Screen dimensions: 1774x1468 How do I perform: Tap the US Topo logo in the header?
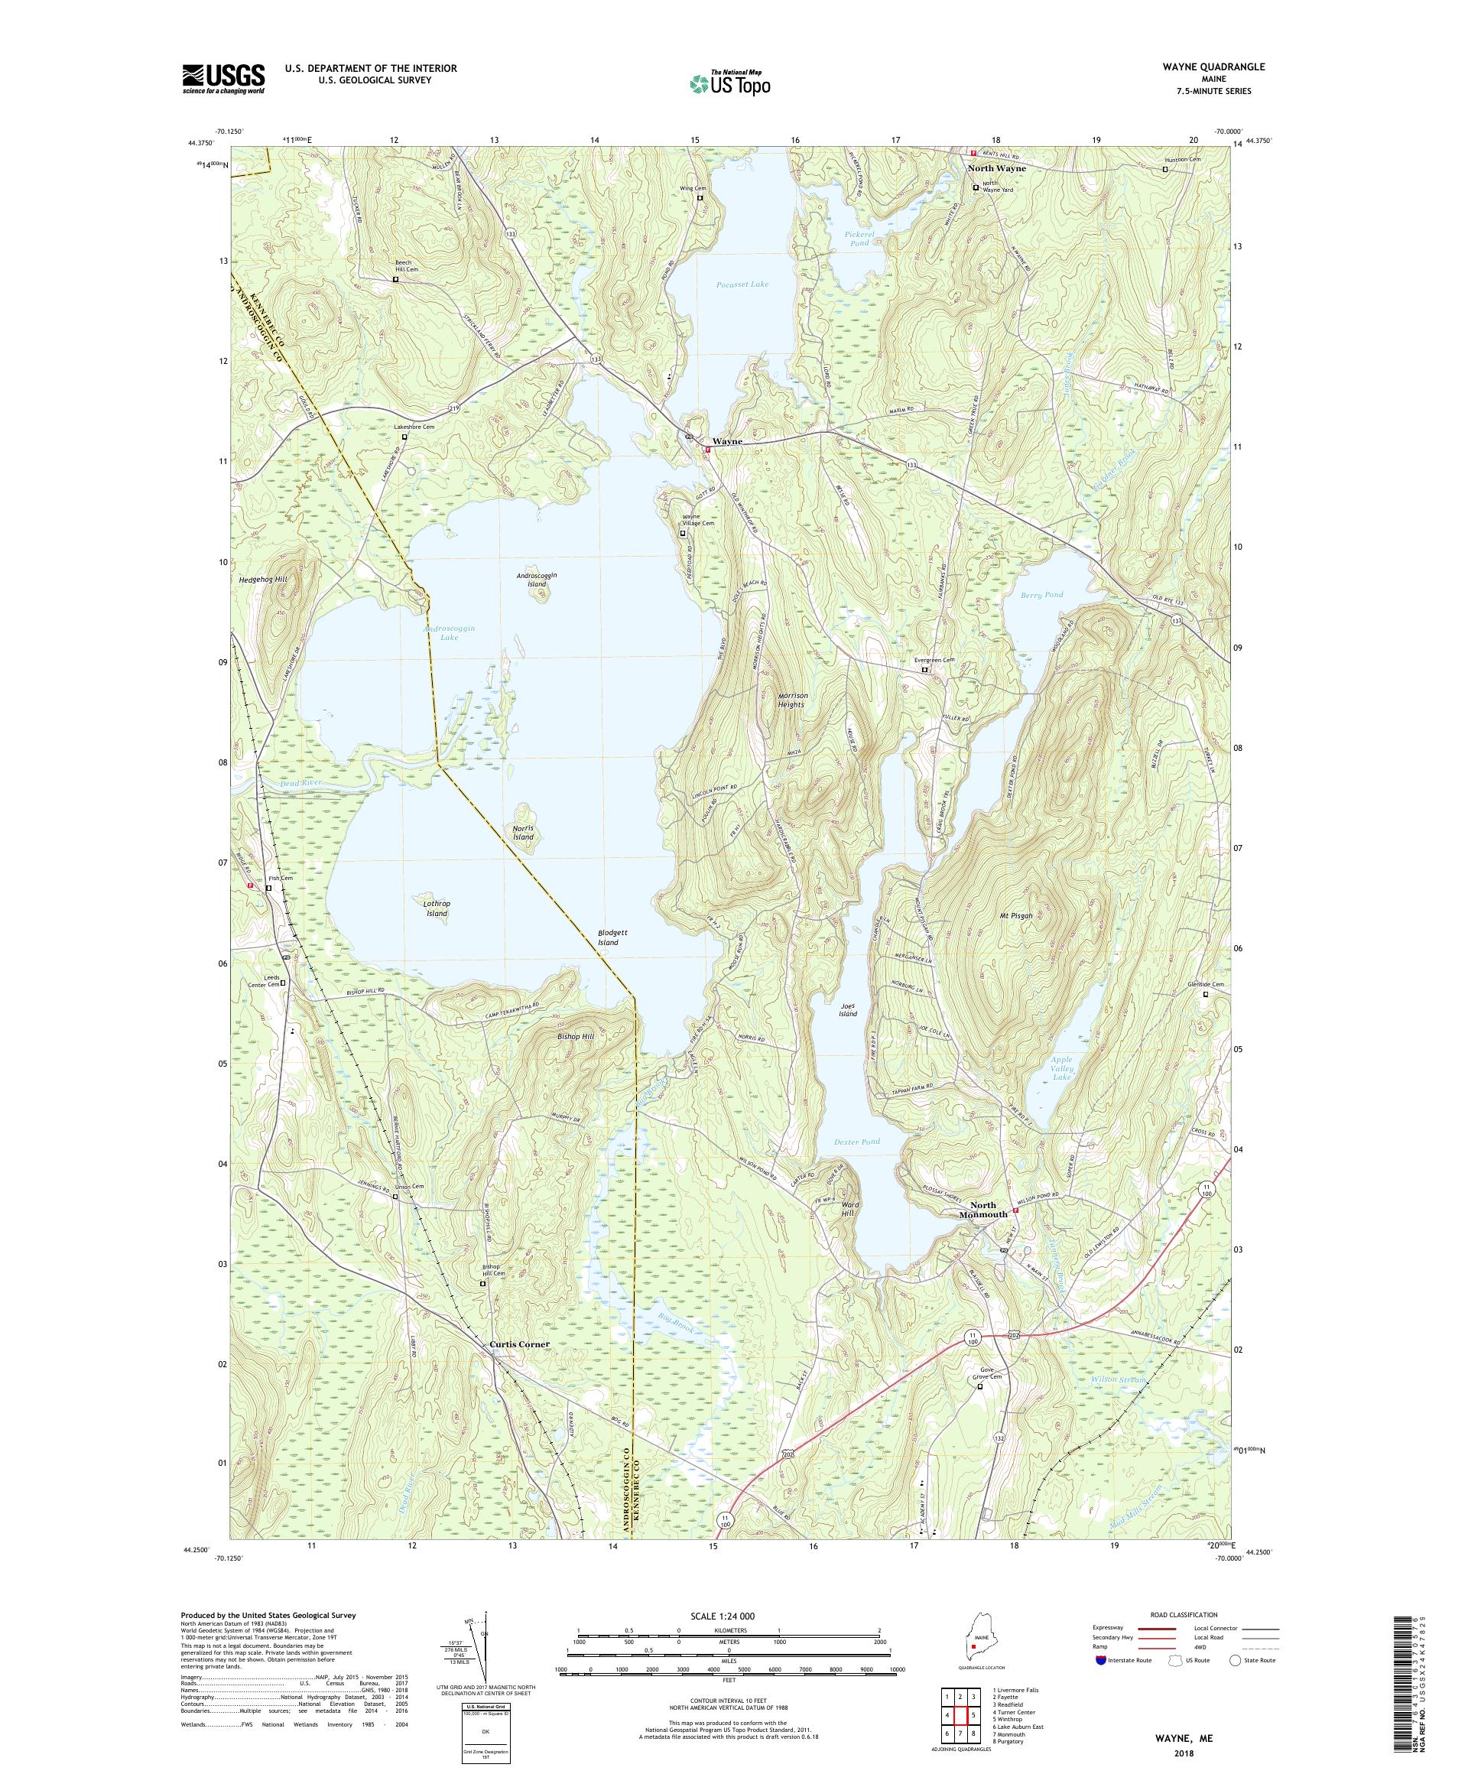(x=729, y=83)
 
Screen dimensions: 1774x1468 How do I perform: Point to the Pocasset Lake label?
(x=745, y=284)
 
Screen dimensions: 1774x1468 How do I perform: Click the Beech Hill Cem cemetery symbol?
(x=395, y=280)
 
